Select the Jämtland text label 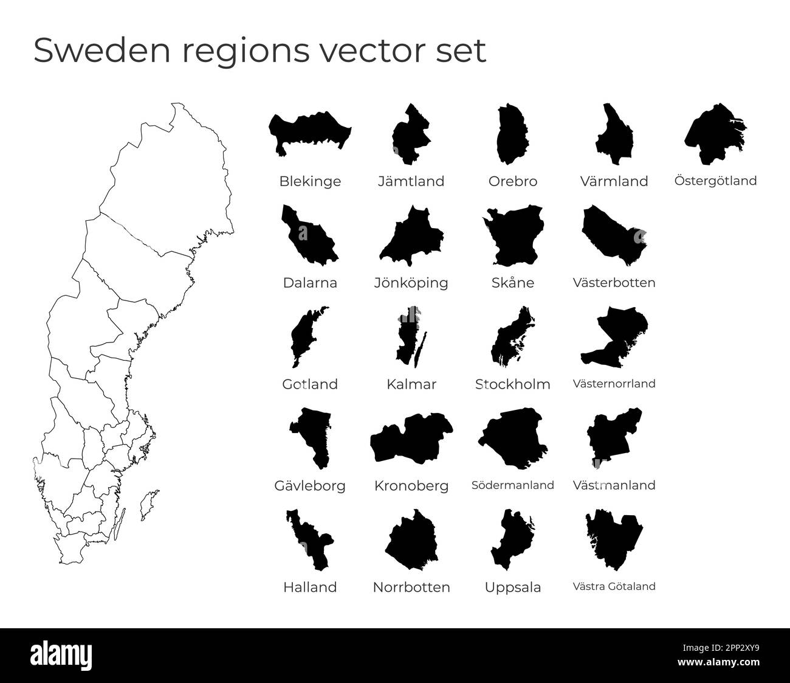click(x=411, y=181)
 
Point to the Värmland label click(x=614, y=181)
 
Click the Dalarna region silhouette click(x=309, y=237)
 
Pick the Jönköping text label click(x=411, y=283)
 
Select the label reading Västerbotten click(x=614, y=283)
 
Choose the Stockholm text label click(x=512, y=384)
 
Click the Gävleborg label click(x=310, y=485)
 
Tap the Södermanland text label click(x=512, y=485)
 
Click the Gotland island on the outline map click(x=148, y=505)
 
